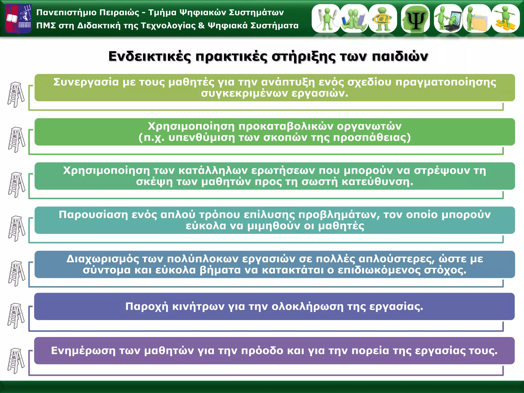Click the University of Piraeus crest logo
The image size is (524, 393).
pos(18,19)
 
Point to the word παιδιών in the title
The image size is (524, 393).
pos(400,56)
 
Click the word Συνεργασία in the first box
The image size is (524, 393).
pos(86,82)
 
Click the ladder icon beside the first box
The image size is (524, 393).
pos(16,95)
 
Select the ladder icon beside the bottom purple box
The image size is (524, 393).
pos(16,361)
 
